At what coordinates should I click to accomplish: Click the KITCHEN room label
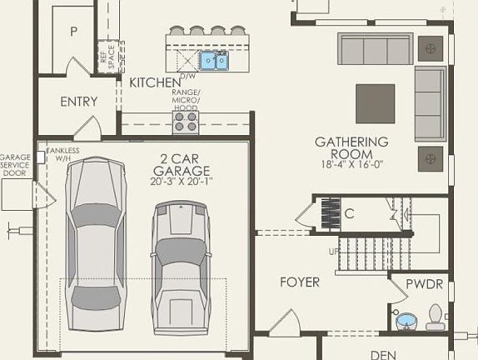point(155,82)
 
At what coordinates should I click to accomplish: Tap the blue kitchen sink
point(213,60)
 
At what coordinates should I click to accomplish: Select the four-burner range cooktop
point(186,122)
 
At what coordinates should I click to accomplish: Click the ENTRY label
point(79,102)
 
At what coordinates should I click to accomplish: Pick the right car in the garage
point(181,267)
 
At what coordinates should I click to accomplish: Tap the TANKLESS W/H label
point(63,154)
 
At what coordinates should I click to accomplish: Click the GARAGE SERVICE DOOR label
point(15,165)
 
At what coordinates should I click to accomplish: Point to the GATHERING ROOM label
point(351,147)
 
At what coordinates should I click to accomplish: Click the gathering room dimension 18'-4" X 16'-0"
point(351,165)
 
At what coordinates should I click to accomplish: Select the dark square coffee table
point(376,103)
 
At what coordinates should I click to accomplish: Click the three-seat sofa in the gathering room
point(375,50)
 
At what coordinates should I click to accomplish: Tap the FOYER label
point(299,282)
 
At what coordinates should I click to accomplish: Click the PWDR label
point(424,284)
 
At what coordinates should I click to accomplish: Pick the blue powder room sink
point(405,320)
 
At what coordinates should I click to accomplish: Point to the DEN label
point(383,354)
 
